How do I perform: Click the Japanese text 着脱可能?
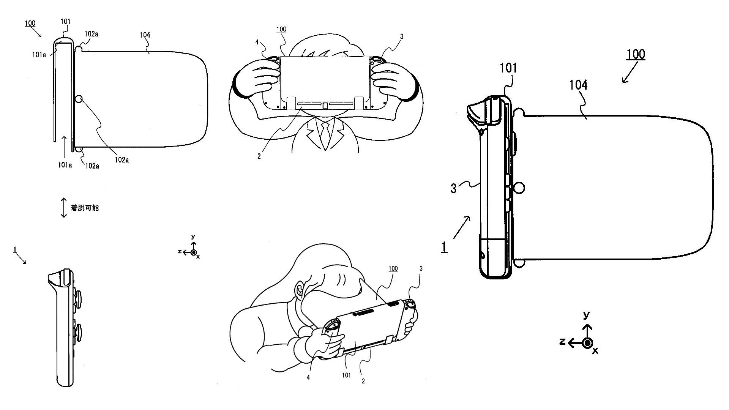tap(85, 208)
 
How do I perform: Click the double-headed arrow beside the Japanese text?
tap(64, 208)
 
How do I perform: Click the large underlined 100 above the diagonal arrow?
tap(636, 55)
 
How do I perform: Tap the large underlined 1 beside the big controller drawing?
tap(444, 247)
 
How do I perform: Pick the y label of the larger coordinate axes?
tap(587, 315)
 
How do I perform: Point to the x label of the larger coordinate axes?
tap(595, 351)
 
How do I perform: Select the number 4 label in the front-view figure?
tap(257, 43)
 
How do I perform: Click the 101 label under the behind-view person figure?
tap(347, 375)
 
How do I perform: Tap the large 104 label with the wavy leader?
tap(578, 85)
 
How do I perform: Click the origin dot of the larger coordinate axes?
tap(587, 343)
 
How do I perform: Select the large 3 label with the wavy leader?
tap(453, 188)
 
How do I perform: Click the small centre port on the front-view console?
tap(325, 105)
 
